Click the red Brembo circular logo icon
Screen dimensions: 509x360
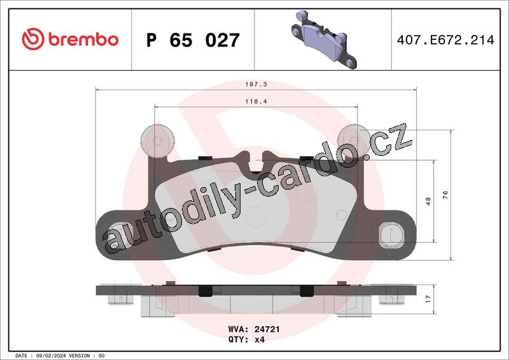coord(33,39)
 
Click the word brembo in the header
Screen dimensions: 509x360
coord(83,39)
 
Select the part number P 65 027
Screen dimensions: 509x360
coord(193,40)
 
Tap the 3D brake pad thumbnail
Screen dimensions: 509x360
coord(324,39)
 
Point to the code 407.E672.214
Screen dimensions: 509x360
coord(445,40)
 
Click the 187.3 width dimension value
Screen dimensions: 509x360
coord(256,84)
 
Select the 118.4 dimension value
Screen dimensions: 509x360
coord(256,101)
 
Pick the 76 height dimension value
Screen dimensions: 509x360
coord(445,195)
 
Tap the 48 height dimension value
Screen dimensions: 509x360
coord(428,201)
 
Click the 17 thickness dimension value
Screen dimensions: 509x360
coord(428,299)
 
